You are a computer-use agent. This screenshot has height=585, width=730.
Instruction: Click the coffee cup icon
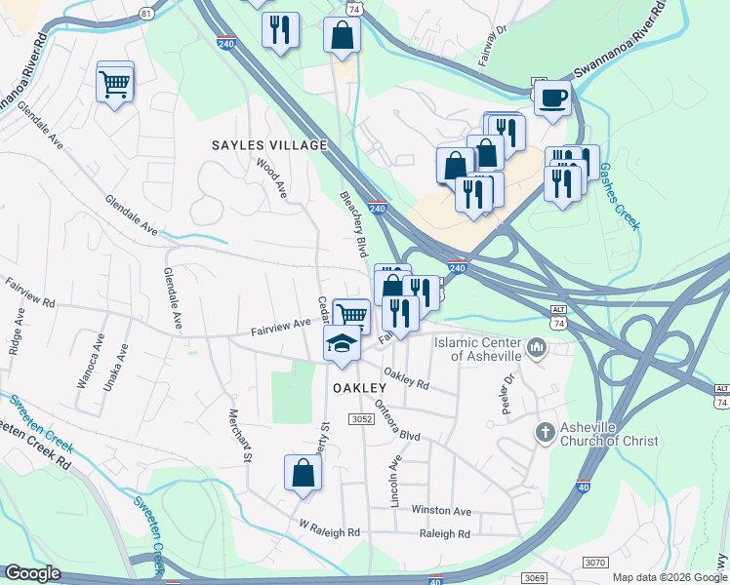pos(552,98)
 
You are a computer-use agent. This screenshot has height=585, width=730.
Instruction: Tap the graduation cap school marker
pos(342,344)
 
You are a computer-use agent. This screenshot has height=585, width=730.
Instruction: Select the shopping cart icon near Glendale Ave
pos(114,83)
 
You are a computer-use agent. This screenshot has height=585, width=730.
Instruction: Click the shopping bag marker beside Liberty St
pos(303,474)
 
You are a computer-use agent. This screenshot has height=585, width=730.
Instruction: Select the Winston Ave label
pos(441,511)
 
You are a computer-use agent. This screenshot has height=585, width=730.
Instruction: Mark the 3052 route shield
pos(361,419)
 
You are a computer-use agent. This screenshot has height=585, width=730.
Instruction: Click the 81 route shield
pos(146,13)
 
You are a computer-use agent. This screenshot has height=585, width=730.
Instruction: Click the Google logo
pos(33,573)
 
